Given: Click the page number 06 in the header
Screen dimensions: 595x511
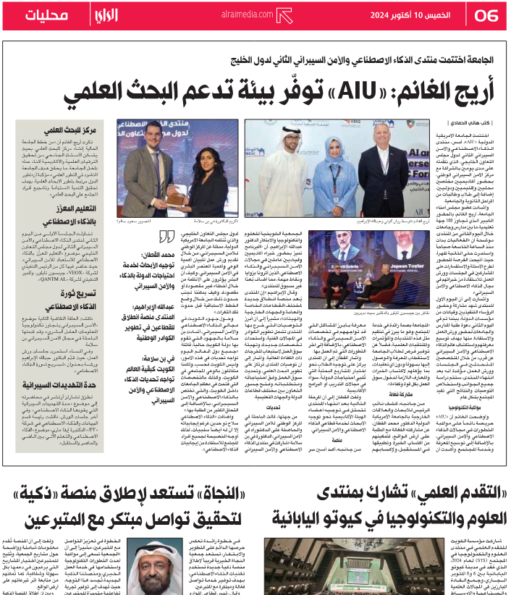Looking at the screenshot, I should point(486,14).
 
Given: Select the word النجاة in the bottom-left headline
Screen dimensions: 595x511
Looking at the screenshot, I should point(209,494).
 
